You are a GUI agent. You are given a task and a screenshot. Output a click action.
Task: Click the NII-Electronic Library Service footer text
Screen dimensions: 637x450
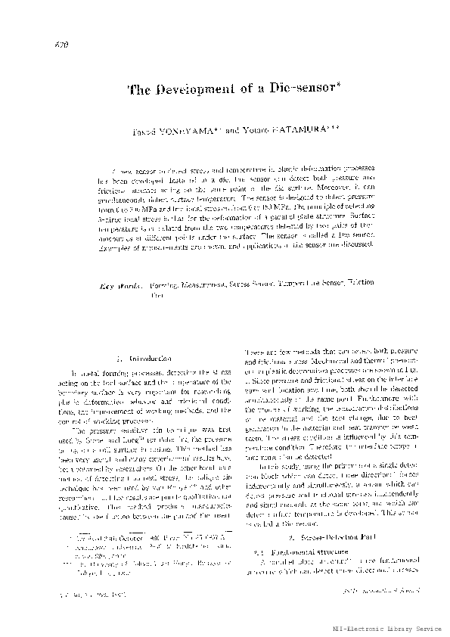[x=394, y=628]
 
